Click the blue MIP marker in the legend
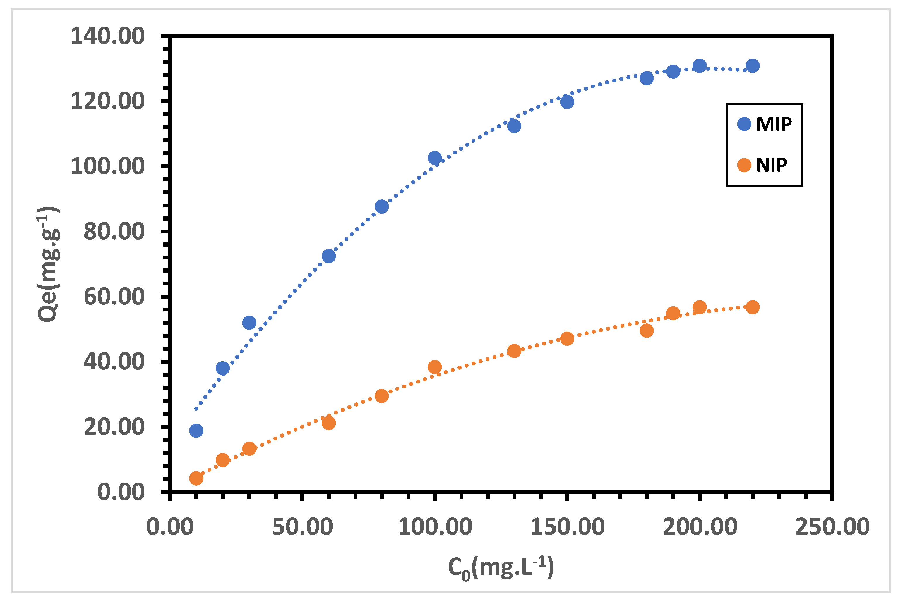point(744,124)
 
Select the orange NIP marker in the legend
point(744,165)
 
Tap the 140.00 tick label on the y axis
point(108,36)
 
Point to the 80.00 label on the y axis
point(114,232)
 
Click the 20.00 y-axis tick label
point(114,427)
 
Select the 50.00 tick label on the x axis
point(302,527)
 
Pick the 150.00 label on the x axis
point(567,527)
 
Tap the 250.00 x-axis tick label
point(832,527)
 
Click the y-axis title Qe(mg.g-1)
point(49,264)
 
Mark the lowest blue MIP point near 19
point(196,431)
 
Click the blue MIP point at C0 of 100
point(435,158)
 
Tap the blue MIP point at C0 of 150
point(567,101)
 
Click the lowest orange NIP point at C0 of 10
point(196,478)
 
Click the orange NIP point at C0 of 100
point(435,367)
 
